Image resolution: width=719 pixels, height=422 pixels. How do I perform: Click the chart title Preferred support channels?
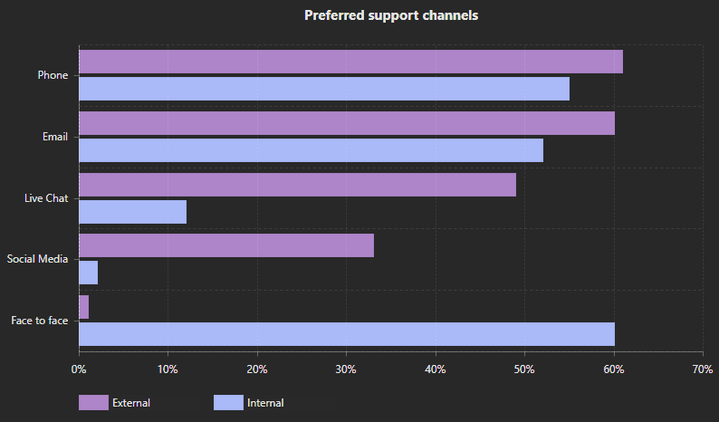(x=391, y=15)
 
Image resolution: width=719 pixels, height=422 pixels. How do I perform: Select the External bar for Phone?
(x=350, y=62)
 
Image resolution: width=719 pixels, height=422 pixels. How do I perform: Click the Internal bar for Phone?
(x=324, y=89)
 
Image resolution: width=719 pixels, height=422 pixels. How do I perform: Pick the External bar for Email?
(x=347, y=123)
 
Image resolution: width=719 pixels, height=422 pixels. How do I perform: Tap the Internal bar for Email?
(x=311, y=150)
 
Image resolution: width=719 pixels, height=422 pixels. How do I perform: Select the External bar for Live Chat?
(x=297, y=185)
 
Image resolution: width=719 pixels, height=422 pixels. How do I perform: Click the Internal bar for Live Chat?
(x=132, y=212)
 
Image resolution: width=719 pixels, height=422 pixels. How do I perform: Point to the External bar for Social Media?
(x=226, y=245)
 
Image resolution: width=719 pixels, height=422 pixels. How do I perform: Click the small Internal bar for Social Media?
(x=88, y=273)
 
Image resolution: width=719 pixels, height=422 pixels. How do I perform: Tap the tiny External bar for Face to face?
(x=83, y=307)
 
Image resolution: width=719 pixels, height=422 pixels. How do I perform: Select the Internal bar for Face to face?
(x=347, y=334)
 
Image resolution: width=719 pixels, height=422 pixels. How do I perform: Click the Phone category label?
(x=53, y=75)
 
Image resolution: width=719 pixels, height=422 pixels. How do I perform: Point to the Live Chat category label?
(x=46, y=197)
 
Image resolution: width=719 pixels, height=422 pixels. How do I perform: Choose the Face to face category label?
(x=39, y=321)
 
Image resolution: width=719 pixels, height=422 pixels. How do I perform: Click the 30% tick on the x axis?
(x=346, y=369)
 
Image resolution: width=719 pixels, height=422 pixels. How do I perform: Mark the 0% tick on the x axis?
(x=79, y=369)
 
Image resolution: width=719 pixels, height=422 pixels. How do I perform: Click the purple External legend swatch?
(x=93, y=403)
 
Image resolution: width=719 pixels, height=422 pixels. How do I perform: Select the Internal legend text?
(x=265, y=403)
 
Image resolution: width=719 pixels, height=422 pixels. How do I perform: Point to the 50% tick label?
(x=524, y=369)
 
